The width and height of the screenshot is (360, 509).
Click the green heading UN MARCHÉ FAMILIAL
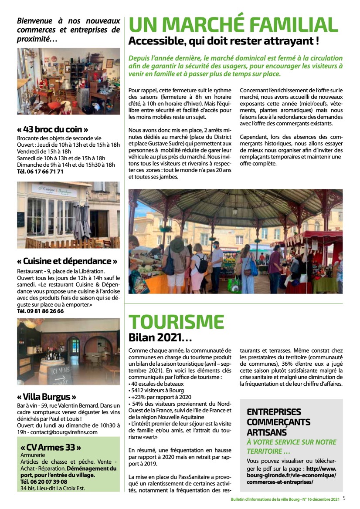(233, 24)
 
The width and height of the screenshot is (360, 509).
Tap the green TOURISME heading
(176, 322)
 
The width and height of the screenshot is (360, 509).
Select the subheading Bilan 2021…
(160, 337)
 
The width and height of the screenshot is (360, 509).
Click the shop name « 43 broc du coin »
(53, 129)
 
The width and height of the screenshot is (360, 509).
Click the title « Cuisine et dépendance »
(67, 261)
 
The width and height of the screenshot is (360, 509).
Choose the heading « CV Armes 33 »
(51, 448)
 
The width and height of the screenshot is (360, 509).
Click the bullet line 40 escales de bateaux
(157, 384)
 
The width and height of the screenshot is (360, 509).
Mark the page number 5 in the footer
(344, 499)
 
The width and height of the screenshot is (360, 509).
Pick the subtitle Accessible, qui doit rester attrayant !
(223, 42)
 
